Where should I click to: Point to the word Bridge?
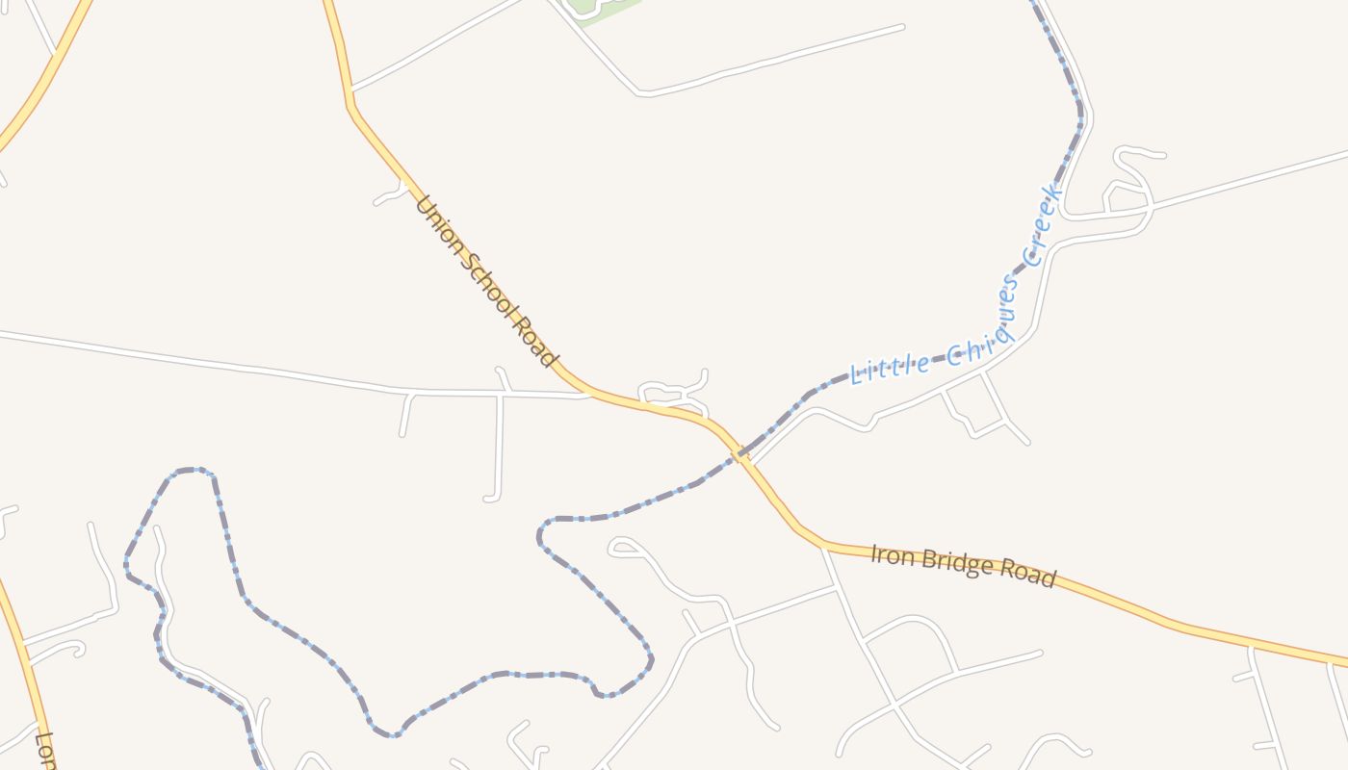(952, 563)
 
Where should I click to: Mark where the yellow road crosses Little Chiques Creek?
(739, 457)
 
